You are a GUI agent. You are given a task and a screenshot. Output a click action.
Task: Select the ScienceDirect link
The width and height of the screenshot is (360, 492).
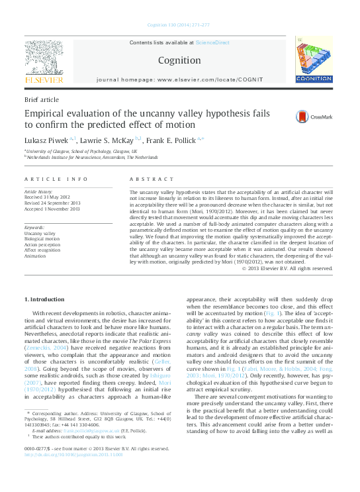(x=212, y=42)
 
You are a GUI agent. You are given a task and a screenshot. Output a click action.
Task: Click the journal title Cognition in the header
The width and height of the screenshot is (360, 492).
(x=179, y=60)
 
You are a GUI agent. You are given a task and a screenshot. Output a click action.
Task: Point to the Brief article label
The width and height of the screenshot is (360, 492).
(x=41, y=99)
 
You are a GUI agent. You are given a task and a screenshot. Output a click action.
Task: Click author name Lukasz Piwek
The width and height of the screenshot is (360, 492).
(x=46, y=140)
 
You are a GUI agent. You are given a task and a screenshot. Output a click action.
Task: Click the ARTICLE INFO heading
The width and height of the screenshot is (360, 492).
(x=56, y=179)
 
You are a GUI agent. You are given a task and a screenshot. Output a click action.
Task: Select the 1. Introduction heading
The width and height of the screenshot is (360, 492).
(x=44, y=299)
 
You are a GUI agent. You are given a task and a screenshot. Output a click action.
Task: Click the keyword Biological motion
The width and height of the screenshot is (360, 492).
(x=42, y=239)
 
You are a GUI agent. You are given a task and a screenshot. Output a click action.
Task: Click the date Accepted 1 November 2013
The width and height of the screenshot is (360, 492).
(x=52, y=209)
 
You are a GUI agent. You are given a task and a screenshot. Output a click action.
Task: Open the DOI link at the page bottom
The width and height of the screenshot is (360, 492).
(x=73, y=473)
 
